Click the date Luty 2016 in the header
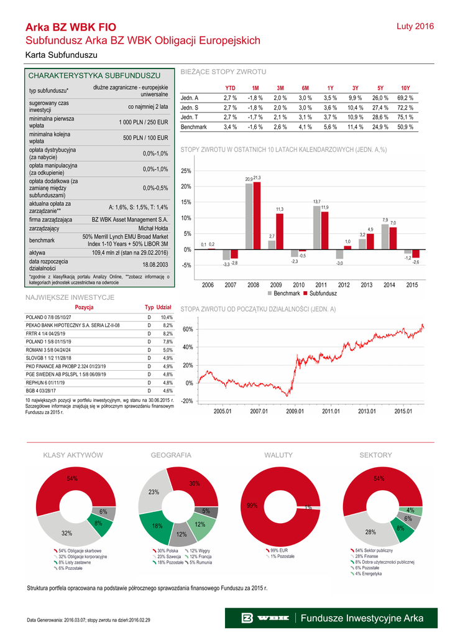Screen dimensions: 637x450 point(415,27)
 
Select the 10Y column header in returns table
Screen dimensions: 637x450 point(405,88)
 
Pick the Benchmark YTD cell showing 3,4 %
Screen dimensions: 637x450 point(230,127)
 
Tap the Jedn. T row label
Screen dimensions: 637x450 point(190,117)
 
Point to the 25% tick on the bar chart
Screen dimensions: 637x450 point(186,171)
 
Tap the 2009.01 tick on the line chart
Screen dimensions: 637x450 point(295,411)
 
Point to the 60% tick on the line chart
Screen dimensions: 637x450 point(186,329)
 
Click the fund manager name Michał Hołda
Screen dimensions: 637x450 point(153,229)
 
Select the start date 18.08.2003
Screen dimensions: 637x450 point(155,264)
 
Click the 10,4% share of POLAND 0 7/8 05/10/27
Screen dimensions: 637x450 point(167,317)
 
